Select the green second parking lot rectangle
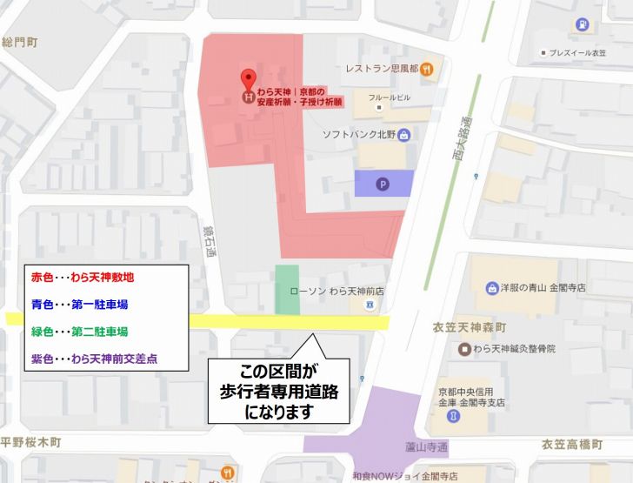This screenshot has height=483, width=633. point(287,290)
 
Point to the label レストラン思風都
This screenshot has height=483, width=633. point(381,68)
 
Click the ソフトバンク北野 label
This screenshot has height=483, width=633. point(359,134)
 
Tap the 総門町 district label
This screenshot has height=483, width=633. point(19,41)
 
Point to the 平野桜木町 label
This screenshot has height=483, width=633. point(30,442)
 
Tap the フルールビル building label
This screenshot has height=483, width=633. point(389,97)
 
